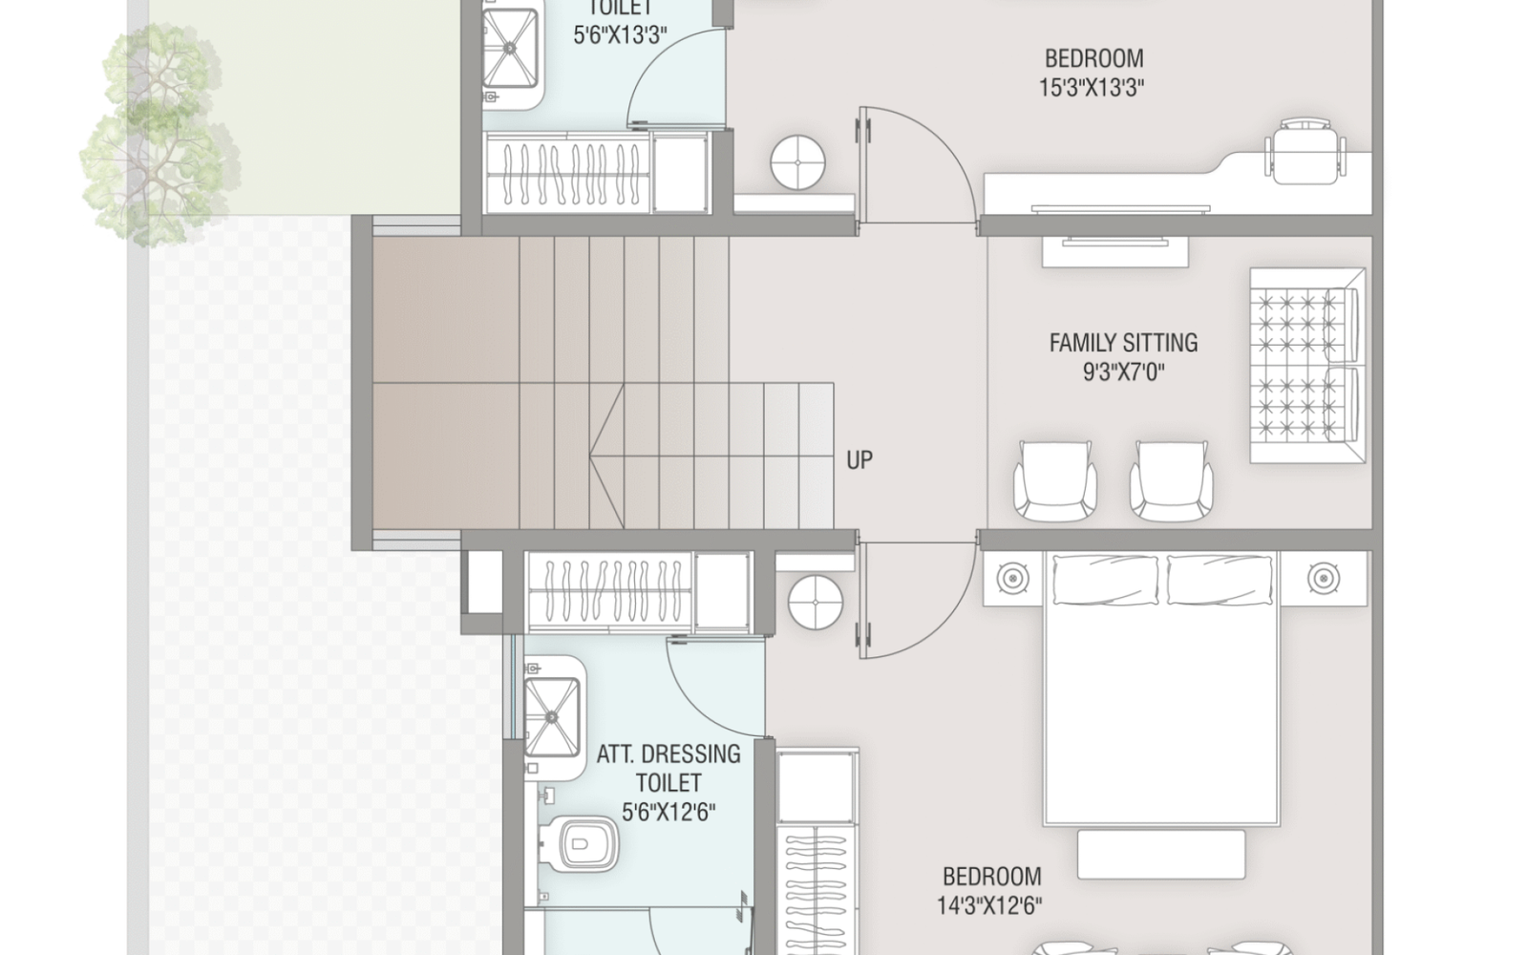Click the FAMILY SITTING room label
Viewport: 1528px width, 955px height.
click(1123, 343)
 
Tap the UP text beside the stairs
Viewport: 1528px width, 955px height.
click(859, 460)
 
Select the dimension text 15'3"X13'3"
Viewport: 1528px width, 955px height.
click(1092, 88)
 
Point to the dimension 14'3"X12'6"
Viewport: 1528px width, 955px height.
click(989, 905)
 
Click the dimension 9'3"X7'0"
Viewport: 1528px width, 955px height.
click(1124, 372)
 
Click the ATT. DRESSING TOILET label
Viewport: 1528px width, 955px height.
click(668, 768)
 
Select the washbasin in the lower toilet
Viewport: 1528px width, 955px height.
click(552, 716)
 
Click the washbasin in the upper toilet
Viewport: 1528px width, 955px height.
click(511, 48)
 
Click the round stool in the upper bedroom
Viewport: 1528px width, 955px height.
click(797, 161)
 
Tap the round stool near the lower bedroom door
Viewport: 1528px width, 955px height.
click(816, 603)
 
